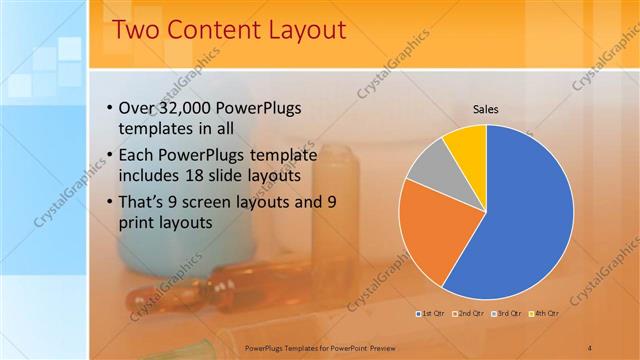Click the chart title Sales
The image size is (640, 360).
click(486, 110)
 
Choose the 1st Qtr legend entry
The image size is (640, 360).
click(433, 315)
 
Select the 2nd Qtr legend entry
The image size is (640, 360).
click(470, 315)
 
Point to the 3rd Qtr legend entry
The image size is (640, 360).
click(507, 315)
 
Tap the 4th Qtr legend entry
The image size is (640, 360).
click(544, 315)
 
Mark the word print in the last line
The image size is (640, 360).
click(138, 224)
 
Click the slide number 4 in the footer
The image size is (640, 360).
click(590, 347)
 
